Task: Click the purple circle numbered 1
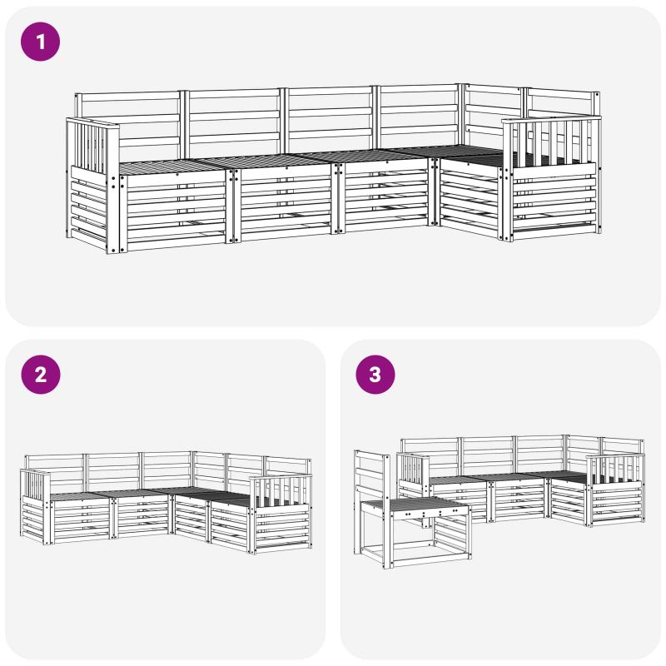pyautogui.click(x=40, y=42)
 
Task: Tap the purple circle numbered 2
pyautogui.click(x=41, y=375)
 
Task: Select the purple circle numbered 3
pyautogui.click(x=375, y=375)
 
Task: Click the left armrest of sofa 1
pyautogui.click(x=92, y=185)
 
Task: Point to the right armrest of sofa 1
pyautogui.click(x=551, y=178)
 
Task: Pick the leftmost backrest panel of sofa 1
pyautogui.click(x=127, y=123)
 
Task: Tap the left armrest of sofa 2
pyautogui.click(x=35, y=505)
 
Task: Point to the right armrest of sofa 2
pyautogui.click(x=281, y=514)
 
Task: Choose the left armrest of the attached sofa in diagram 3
pyautogui.click(x=413, y=475)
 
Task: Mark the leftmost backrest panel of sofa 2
pyautogui.click(x=54, y=471)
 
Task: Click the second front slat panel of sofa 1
pyautogui.click(x=283, y=204)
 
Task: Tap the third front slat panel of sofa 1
pyautogui.click(x=385, y=196)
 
